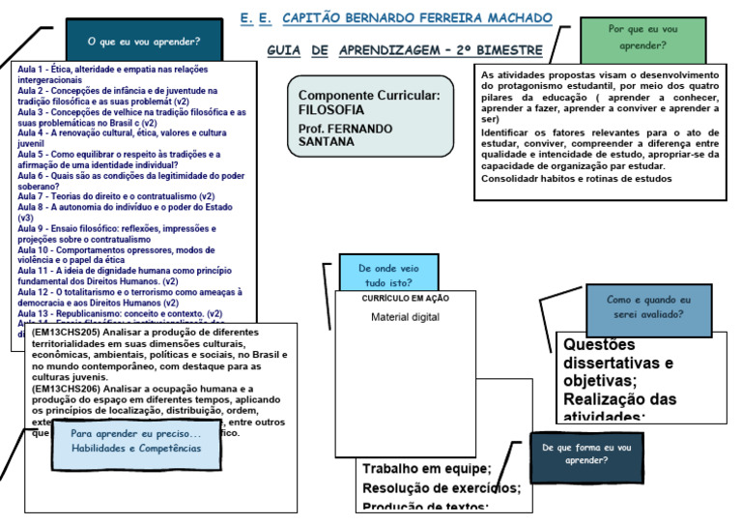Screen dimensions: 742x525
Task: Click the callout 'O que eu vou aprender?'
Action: point(143,42)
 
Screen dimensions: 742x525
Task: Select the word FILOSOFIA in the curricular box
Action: point(332,110)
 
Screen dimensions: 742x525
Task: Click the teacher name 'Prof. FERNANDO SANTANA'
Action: point(344,134)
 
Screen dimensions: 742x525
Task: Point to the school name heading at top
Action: point(396,18)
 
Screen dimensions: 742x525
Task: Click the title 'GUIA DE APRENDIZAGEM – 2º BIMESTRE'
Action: point(404,50)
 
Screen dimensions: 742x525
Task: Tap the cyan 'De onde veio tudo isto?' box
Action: point(387,276)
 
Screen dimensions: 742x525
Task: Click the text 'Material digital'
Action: point(405,317)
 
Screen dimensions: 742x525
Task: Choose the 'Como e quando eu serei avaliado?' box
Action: point(648,307)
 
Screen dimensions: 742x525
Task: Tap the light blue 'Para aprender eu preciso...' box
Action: point(135,441)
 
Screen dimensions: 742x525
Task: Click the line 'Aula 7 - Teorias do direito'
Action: point(116,196)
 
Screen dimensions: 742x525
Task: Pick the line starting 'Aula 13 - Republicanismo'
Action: point(120,313)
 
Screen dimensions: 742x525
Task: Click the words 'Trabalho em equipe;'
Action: point(426,469)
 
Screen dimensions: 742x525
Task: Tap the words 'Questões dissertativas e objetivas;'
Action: point(618,363)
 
